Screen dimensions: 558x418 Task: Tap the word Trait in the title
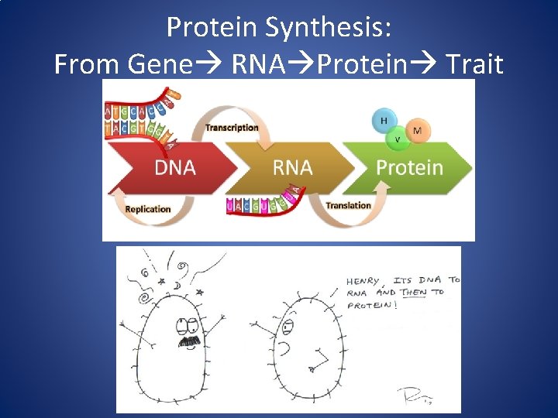(x=474, y=63)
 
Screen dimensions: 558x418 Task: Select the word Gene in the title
(x=160, y=63)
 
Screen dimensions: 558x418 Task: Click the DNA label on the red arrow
(x=174, y=167)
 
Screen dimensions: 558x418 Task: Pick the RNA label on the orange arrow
(x=292, y=167)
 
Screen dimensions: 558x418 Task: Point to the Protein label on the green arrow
(x=409, y=167)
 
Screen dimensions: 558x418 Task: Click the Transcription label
(x=232, y=128)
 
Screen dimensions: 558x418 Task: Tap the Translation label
(x=348, y=205)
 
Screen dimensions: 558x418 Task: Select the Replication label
(x=147, y=209)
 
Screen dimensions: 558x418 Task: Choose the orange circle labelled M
(x=418, y=131)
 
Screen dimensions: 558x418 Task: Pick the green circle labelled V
(x=398, y=139)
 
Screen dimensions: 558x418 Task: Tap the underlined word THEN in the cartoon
(x=414, y=293)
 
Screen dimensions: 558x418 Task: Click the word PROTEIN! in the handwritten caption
(x=372, y=305)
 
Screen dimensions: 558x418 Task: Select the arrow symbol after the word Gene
(x=209, y=64)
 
